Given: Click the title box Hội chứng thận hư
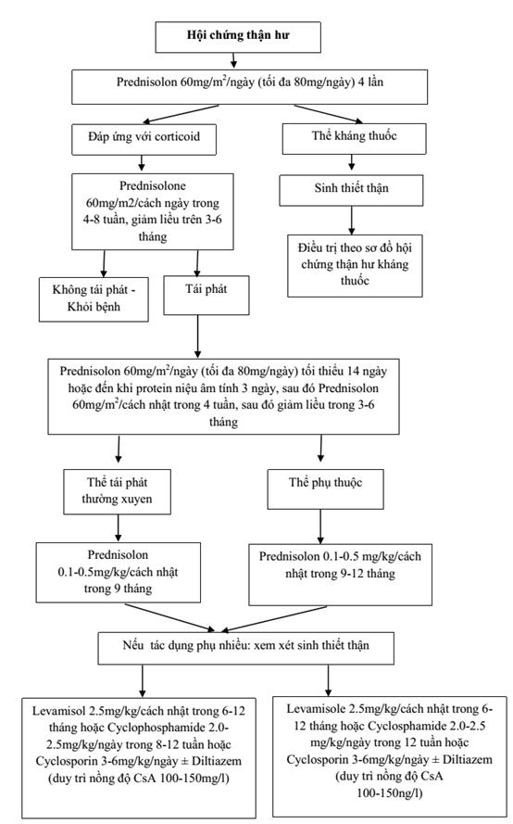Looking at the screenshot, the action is tap(238, 37).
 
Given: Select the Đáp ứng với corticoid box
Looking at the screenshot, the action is tap(144, 139).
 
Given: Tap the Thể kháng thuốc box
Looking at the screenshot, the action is tap(354, 138).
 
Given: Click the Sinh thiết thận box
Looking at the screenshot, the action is tap(351, 190).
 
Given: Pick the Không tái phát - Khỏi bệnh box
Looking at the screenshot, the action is tap(94, 299).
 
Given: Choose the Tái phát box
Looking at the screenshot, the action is tap(206, 296).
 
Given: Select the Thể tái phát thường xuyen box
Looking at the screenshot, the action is tap(117, 491).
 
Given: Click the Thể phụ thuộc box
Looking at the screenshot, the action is tap(326, 488).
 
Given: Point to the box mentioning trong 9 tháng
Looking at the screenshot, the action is tap(119, 572).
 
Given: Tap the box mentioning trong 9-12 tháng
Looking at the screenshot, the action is tap(340, 575).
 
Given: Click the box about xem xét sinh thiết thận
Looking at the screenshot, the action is tap(245, 648).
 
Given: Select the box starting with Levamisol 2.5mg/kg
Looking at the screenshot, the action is tap(139, 757).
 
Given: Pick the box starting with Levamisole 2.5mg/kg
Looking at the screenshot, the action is tap(390, 756).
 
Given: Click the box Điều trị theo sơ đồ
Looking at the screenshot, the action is tap(355, 265).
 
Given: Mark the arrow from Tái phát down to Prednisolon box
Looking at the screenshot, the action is tap(197, 336).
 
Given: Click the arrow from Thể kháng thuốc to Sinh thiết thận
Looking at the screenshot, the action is tap(352, 162).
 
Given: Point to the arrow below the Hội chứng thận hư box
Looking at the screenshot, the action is tap(233, 60).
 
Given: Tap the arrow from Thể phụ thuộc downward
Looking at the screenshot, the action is tap(320, 526).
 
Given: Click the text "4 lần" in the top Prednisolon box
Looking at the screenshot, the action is tap(370, 82).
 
